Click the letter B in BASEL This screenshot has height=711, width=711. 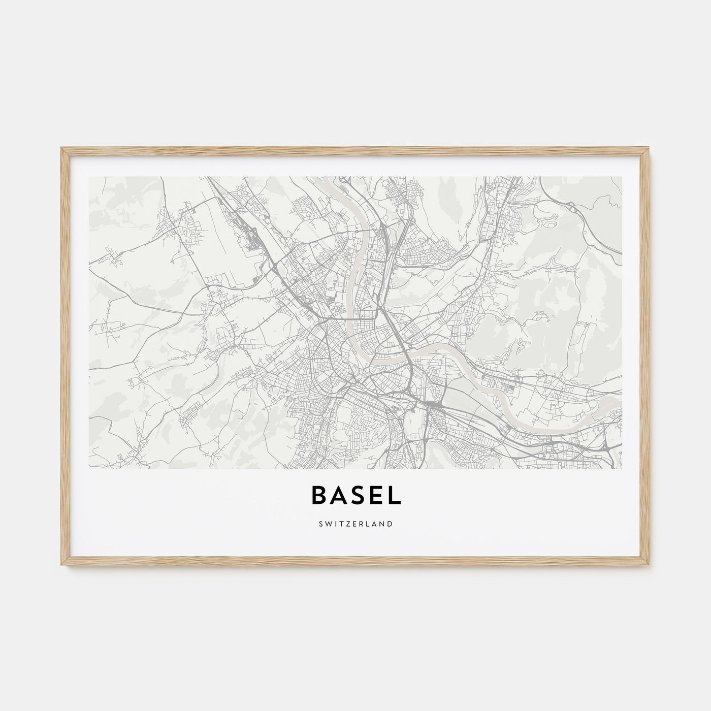pos(318,496)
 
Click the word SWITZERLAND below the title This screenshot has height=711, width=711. pos(355,524)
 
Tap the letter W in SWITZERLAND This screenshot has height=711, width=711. pos(327,524)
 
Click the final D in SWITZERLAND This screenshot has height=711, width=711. pos(390,524)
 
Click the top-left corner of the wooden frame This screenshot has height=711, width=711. pos(61,148)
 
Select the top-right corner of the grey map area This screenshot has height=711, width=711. pos(622,177)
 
